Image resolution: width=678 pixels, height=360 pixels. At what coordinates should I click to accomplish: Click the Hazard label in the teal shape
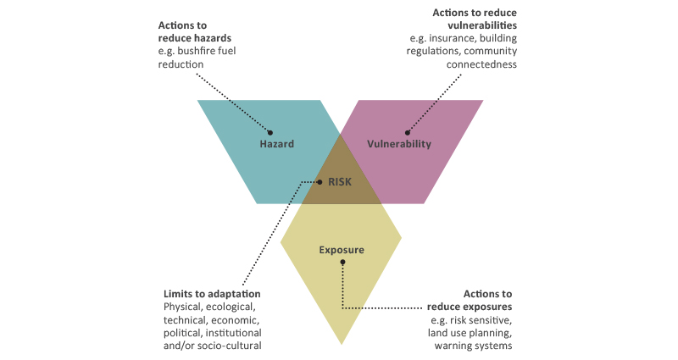coord(276,144)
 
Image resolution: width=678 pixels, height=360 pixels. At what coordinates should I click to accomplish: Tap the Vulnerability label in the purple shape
coord(399,144)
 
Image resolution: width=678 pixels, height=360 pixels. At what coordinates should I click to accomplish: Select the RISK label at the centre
coord(340,181)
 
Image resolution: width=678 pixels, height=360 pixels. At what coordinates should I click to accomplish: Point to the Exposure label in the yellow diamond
coord(342,250)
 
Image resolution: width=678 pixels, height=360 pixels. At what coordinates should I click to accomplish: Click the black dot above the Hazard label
coord(270,132)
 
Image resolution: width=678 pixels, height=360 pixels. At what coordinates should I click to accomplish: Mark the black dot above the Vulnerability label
coord(407,132)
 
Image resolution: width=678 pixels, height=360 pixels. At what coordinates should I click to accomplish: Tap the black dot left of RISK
coord(319,181)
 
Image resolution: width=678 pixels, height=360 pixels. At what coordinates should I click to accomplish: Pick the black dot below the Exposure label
coord(342,262)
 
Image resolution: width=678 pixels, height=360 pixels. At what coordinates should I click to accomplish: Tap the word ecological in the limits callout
coord(234,306)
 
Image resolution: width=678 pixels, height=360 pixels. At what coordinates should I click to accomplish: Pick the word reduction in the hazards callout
coord(181,64)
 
